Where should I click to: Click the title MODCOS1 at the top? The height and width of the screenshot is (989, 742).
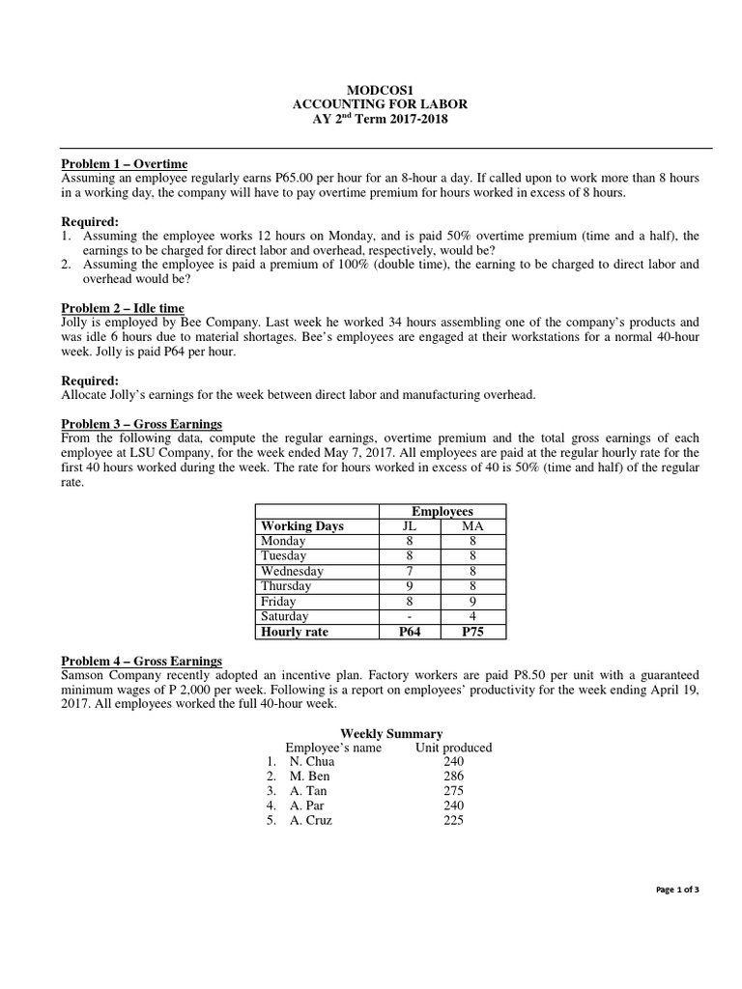click(371, 89)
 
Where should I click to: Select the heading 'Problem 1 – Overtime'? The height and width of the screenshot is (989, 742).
click(125, 164)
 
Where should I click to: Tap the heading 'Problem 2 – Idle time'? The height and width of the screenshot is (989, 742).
click(123, 307)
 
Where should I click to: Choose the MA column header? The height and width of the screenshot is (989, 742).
click(472, 526)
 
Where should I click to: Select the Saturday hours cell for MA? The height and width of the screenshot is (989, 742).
click(472, 616)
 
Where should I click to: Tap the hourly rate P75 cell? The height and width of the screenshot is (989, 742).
click(472, 632)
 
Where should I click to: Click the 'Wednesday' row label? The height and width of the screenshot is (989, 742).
click(292, 572)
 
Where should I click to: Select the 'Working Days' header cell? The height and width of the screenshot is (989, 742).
click(302, 526)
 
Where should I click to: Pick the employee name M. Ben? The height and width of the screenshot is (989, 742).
click(310, 777)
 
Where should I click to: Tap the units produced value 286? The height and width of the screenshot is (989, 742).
click(453, 777)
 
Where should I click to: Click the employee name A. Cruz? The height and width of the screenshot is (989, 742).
click(314, 820)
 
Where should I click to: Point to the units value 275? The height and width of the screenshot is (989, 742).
click(453, 791)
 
